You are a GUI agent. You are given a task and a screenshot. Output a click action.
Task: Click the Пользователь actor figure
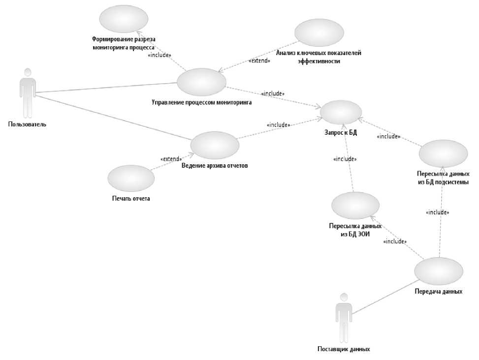pyautogui.click(x=28, y=93)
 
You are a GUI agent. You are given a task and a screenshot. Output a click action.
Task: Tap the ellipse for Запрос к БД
pyautogui.click(x=341, y=112)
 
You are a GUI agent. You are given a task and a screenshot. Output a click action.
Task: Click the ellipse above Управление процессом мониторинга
pyautogui.click(x=201, y=82)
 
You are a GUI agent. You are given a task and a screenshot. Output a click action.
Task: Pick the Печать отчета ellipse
pyautogui.click(x=131, y=178)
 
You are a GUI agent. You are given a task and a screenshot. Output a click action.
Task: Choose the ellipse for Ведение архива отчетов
pyautogui.click(x=215, y=145)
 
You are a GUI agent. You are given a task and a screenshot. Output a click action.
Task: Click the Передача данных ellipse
pyautogui.click(x=439, y=271)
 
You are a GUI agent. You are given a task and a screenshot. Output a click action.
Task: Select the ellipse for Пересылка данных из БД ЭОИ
pyautogui.click(x=355, y=206)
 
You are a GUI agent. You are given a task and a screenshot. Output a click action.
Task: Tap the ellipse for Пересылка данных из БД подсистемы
pyautogui.click(x=443, y=153)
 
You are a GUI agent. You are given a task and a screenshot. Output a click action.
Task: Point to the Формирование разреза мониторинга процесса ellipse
pyautogui.click(x=124, y=19)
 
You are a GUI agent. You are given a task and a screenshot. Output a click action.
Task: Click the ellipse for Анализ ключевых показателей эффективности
pyautogui.click(x=319, y=33)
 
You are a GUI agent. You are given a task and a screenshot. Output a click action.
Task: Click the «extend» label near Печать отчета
pyautogui.click(x=171, y=159)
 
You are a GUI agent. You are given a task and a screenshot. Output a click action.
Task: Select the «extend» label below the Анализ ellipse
pyautogui.click(x=259, y=61)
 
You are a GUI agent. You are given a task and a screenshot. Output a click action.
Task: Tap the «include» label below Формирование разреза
pyautogui.click(x=160, y=55)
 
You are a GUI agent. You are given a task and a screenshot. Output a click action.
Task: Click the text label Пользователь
pyautogui.click(x=27, y=124)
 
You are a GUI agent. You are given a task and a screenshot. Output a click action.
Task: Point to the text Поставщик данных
pyautogui.click(x=344, y=349)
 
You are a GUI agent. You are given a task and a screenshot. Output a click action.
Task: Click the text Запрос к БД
pyautogui.click(x=340, y=132)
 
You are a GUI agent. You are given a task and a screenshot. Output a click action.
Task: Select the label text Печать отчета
pyautogui.click(x=130, y=199)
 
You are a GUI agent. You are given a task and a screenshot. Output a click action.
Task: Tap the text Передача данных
pyautogui.click(x=438, y=291)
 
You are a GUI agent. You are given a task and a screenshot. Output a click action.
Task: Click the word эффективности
pyautogui.click(x=319, y=61)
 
